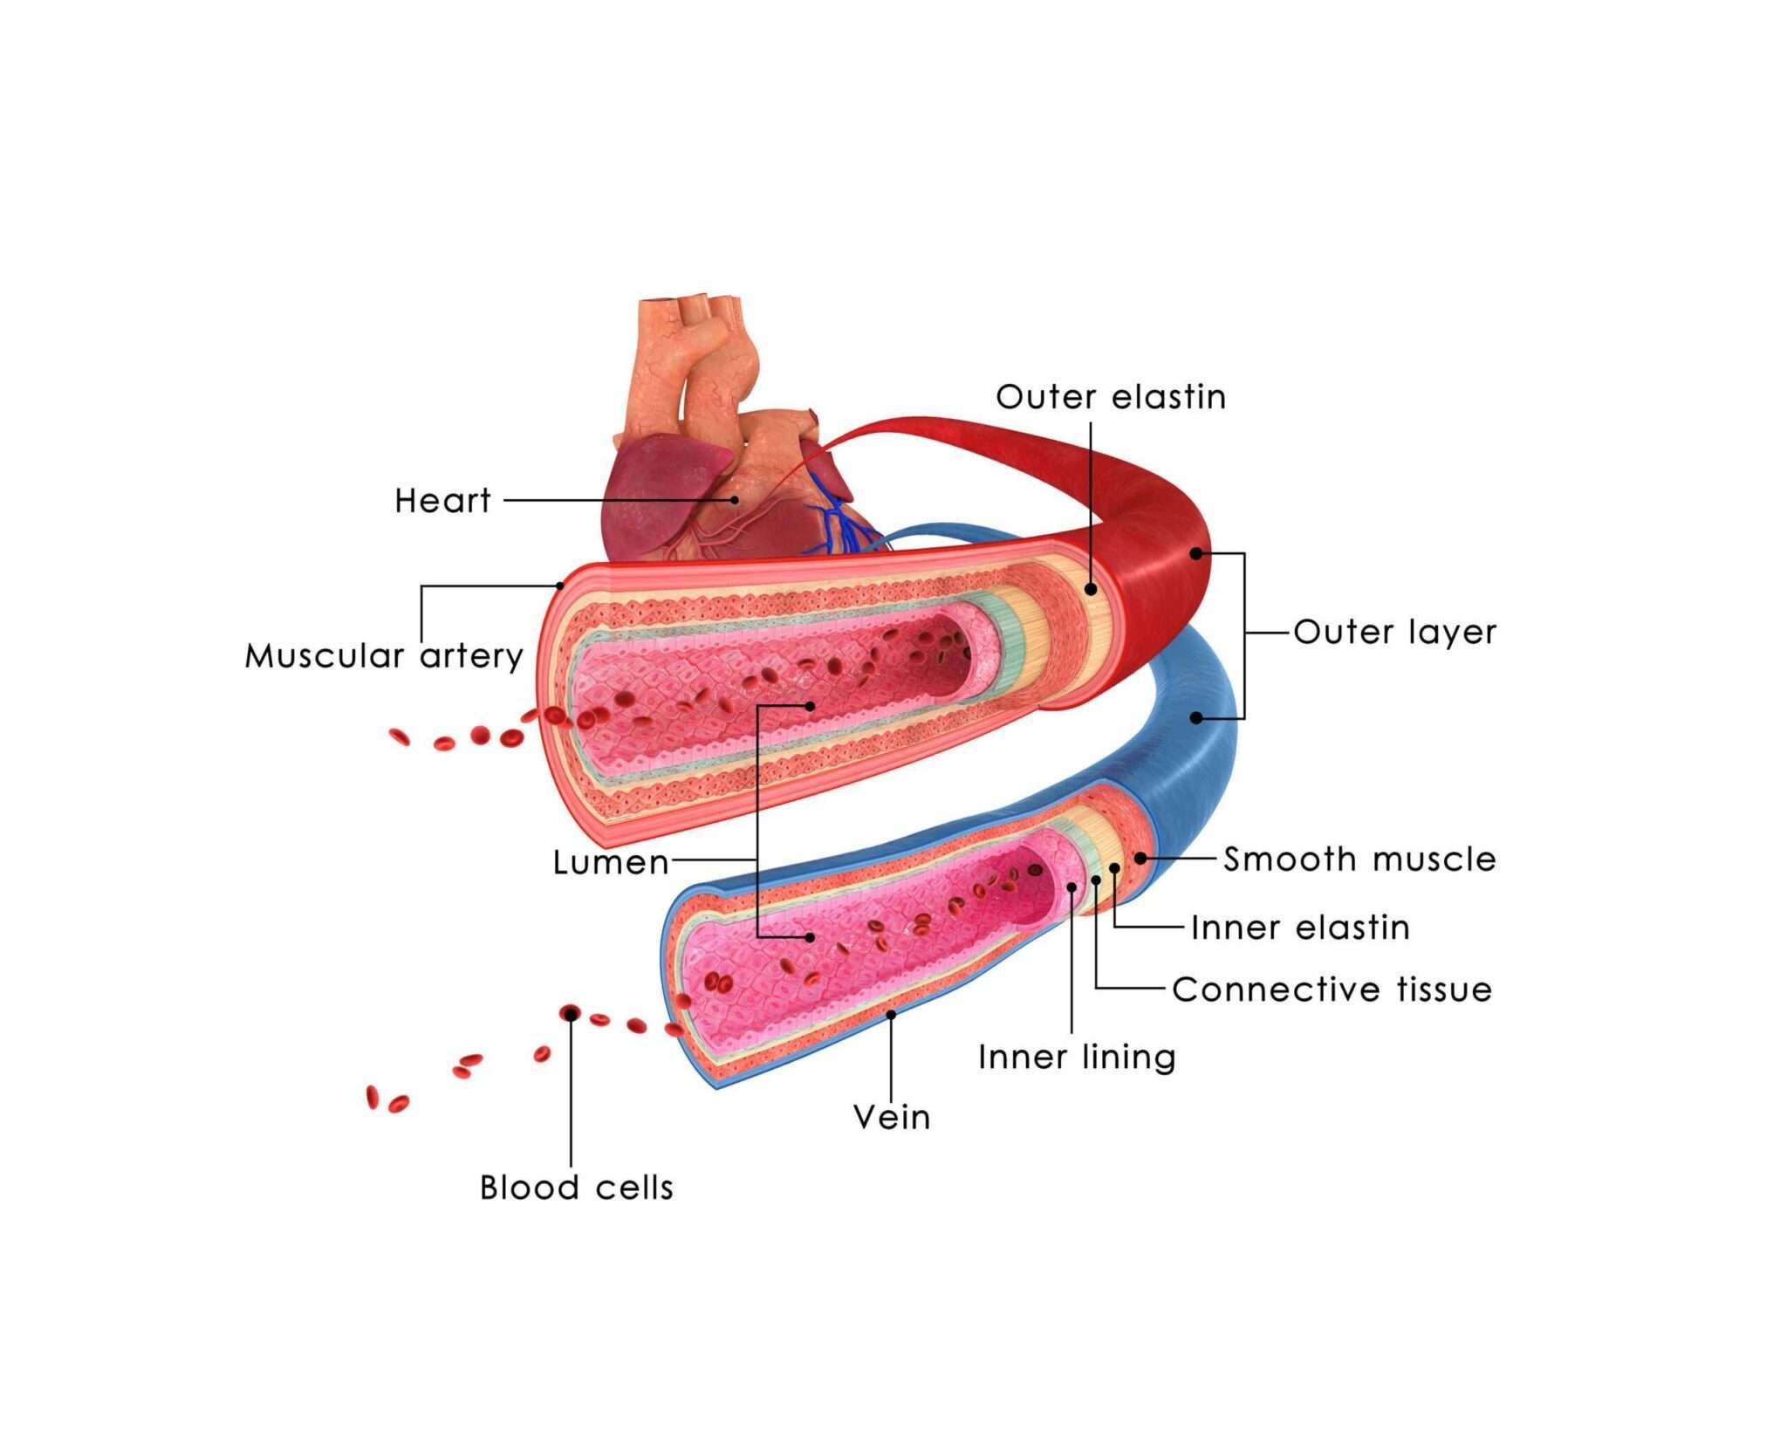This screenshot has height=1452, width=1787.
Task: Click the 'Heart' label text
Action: (442, 501)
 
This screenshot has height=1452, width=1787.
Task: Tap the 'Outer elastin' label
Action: (1111, 397)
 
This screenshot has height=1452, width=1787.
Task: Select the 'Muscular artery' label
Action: (384, 655)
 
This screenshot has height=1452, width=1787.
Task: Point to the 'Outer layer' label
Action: (1394, 632)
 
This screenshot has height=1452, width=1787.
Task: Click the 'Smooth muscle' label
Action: (1359, 859)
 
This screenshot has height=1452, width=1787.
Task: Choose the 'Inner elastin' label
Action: (1300, 927)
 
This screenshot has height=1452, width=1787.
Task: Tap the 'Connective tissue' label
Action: (1332, 989)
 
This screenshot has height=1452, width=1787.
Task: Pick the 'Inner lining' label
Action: (1077, 1057)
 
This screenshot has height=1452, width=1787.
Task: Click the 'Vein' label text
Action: (892, 1117)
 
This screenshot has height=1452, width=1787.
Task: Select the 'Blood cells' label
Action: (577, 1188)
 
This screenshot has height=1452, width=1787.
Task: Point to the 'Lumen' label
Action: (611, 862)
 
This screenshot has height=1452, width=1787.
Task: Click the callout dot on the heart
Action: (735, 500)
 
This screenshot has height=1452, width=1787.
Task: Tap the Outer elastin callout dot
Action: (1091, 590)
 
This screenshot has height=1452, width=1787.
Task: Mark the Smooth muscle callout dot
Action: (1140, 859)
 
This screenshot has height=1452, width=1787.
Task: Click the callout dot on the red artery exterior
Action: (1196, 553)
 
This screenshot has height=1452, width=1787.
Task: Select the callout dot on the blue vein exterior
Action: (1196, 717)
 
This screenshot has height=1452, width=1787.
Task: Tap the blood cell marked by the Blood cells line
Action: (571, 1013)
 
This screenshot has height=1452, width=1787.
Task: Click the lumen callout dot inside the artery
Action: (811, 705)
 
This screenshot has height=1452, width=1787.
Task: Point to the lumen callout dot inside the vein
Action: (811, 937)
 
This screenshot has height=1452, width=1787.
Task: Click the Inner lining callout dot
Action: (1072, 887)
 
